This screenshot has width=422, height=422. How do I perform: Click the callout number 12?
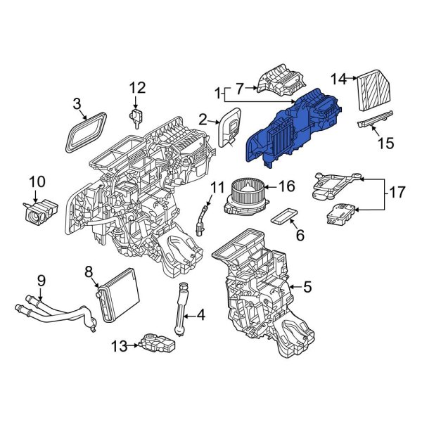[137, 87]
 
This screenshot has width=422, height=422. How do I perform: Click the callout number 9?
[41, 280]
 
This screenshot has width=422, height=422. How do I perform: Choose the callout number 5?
[306, 286]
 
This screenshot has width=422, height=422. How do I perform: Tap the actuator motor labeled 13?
[158, 343]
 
